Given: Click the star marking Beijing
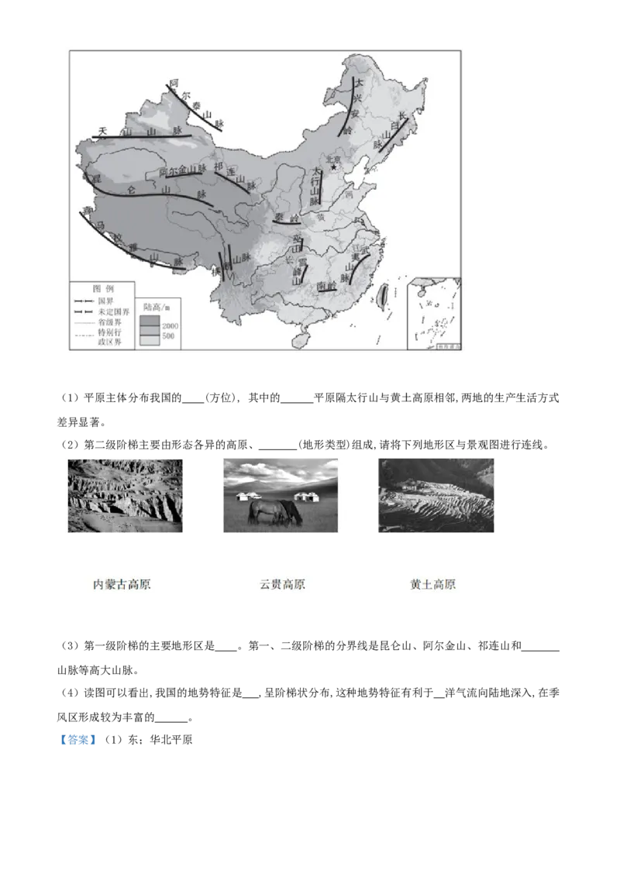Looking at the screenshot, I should click(x=334, y=167).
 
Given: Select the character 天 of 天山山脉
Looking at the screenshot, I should click(x=102, y=131).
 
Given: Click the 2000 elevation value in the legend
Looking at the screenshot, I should click(x=170, y=327).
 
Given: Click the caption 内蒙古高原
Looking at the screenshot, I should click(x=122, y=584).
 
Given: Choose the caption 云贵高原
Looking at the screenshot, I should click(x=282, y=584).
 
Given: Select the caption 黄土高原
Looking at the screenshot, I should click(x=432, y=584).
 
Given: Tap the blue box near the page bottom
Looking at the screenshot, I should click(x=77, y=741).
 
